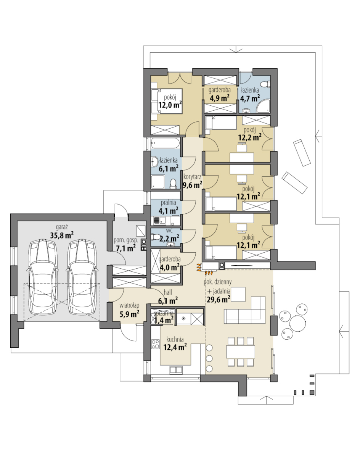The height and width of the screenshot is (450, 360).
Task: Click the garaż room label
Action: coord(62,227)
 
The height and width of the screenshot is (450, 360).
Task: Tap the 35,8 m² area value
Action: coord(62,235)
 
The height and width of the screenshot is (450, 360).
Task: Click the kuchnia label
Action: coord(175,339)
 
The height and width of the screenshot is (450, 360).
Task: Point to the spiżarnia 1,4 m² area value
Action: coord(164,319)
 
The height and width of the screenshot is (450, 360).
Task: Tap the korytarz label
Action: coord(192,177)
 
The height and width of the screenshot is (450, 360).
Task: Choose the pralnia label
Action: coord(169,203)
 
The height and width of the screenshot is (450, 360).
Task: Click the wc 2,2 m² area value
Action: coord(169,238)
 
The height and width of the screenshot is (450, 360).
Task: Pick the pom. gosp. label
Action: coord(125,240)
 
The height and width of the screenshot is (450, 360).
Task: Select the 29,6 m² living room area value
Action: coord(218,300)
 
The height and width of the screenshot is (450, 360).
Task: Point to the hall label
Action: coord(168,292)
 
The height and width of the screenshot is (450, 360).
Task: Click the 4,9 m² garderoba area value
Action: coord(219,98)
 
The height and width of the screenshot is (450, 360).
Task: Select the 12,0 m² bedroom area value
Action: coord(170,105)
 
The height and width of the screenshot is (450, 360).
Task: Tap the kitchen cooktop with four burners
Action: coord(156,344)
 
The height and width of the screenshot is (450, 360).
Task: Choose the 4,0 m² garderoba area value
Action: coord(169,268)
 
